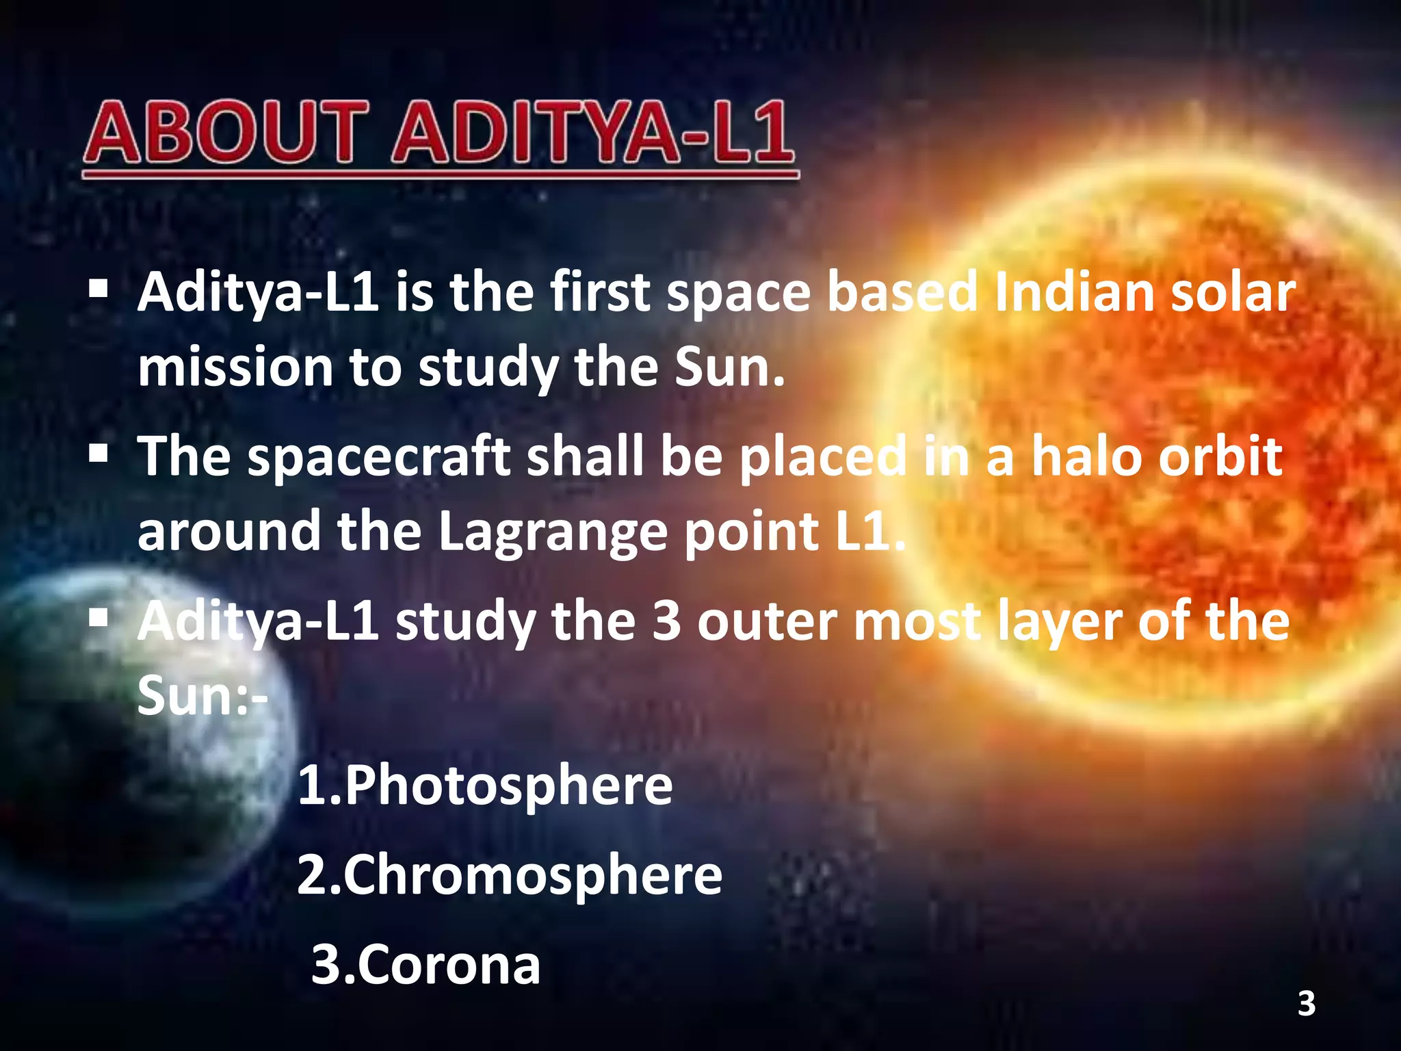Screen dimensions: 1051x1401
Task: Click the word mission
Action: point(235,368)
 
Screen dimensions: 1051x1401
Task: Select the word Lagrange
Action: point(551,532)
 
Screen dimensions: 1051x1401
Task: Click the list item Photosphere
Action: point(485,786)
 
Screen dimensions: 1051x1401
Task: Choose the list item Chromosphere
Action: point(510,875)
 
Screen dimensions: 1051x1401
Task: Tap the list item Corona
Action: point(425,965)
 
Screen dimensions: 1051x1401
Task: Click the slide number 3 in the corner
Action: point(1307,1004)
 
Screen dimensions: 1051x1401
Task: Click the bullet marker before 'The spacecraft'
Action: point(99,452)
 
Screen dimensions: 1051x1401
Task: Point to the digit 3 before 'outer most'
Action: point(666,621)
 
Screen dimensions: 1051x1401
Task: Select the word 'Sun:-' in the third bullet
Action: point(202,696)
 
